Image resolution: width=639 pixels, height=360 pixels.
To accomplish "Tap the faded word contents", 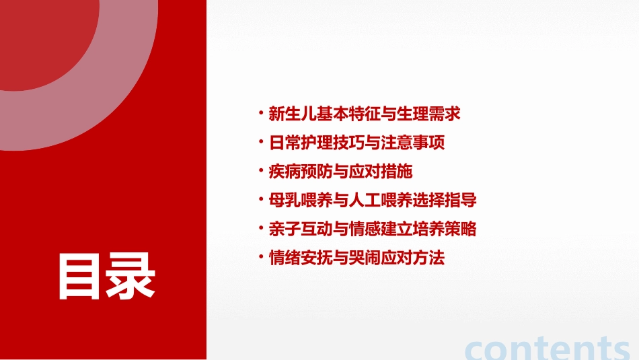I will coord(548,349).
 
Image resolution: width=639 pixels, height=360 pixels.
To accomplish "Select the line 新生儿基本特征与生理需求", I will coord(364,114).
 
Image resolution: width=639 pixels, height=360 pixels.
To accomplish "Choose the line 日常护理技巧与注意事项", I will coord(356,143).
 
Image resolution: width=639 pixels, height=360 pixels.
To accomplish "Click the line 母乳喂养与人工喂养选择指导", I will coord(372,201).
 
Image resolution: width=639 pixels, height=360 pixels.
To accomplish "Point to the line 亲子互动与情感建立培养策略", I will coord(372,229).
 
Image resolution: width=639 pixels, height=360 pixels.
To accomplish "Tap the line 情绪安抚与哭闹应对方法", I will coord(356,258).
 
